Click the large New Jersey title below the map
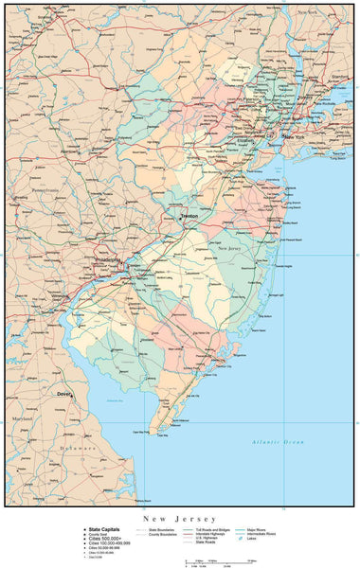point(179,519)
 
